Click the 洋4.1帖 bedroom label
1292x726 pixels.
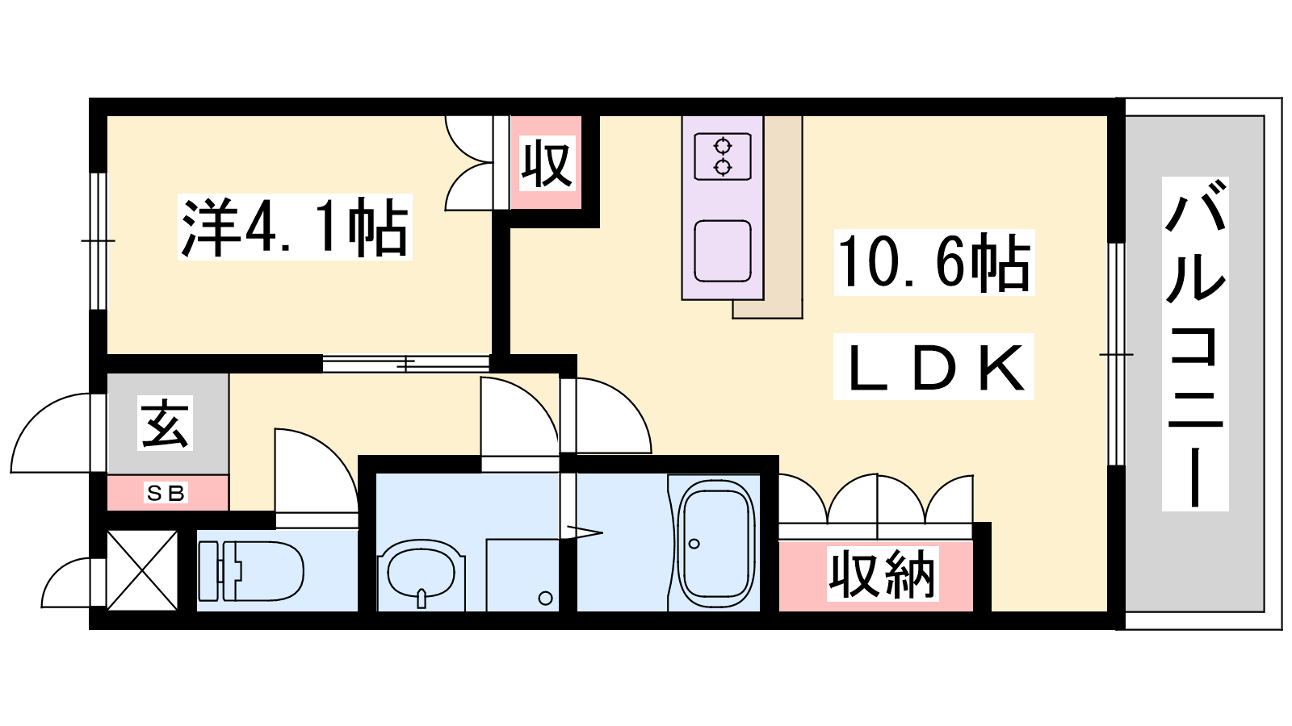(295, 227)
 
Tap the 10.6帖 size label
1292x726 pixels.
(933, 263)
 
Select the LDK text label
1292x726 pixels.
(933, 367)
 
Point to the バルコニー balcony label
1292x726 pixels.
(1194, 344)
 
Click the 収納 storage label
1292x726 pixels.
(883, 574)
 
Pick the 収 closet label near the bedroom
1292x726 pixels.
(547, 163)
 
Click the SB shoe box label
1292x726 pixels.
(166, 493)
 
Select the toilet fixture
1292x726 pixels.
(251, 571)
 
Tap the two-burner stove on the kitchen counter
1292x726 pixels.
(723, 156)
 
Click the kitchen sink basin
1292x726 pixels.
(723, 251)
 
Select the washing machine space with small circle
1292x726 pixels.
(522, 575)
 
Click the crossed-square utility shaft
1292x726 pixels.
(142, 570)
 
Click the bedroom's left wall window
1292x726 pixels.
(99, 241)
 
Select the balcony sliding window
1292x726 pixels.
(1117, 354)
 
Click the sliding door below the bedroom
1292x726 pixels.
(406, 364)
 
